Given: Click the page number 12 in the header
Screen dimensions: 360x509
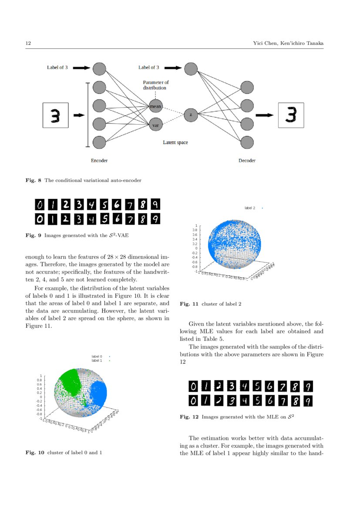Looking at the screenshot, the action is [x=28, y=43].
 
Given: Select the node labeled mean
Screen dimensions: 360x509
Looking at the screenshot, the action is [x=155, y=106].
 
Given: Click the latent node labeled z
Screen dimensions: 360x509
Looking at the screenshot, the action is [x=191, y=115].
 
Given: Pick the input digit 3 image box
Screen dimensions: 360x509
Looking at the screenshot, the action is [x=56, y=115].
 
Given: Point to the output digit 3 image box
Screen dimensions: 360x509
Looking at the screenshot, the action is [x=291, y=115].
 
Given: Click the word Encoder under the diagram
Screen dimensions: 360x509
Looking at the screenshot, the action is [x=99, y=161].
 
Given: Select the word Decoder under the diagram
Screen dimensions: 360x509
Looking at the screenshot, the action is [x=247, y=161].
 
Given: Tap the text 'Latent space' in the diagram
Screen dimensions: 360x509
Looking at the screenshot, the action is [x=175, y=142].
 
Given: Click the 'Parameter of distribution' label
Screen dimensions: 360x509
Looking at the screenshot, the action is [x=156, y=85].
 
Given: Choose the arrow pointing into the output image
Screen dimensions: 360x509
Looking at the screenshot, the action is [x=264, y=115].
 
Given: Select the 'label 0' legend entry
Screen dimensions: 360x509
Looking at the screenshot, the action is [x=97, y=357].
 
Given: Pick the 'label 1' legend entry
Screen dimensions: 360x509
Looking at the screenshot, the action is [x=97, y=361].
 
